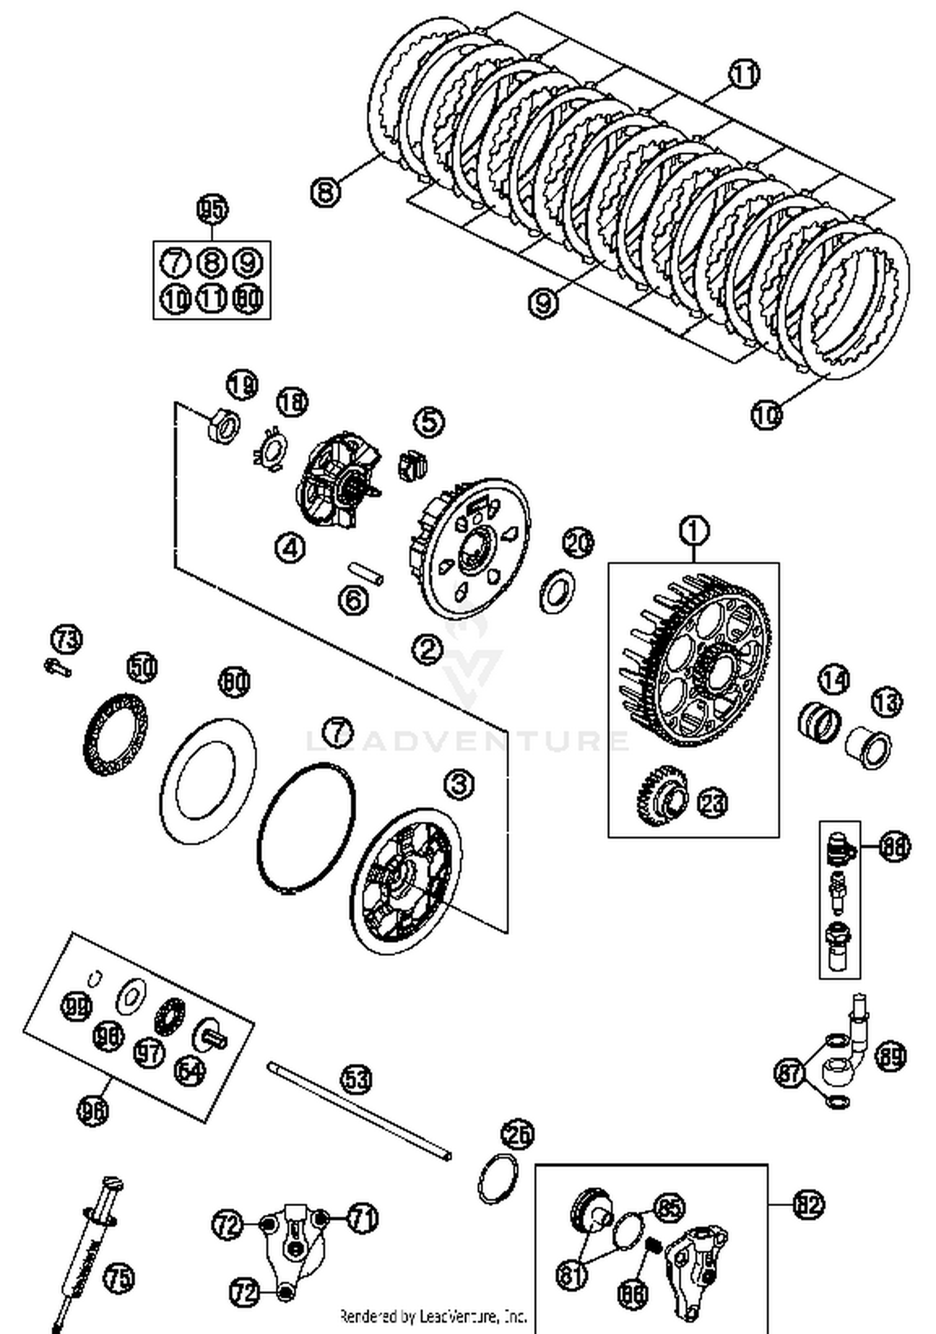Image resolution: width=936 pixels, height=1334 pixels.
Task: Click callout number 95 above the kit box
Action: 212,210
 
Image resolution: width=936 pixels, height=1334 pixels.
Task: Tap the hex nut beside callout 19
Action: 223,427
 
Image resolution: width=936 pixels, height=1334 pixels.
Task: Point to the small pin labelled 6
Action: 366,572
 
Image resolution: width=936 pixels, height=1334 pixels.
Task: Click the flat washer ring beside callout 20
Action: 557,590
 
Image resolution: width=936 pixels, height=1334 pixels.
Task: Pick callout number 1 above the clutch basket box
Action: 694,531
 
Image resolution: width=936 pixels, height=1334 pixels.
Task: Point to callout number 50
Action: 142,668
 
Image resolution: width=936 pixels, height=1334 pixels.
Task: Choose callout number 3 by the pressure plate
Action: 459,784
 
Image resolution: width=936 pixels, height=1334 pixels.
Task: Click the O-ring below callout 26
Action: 497,1178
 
